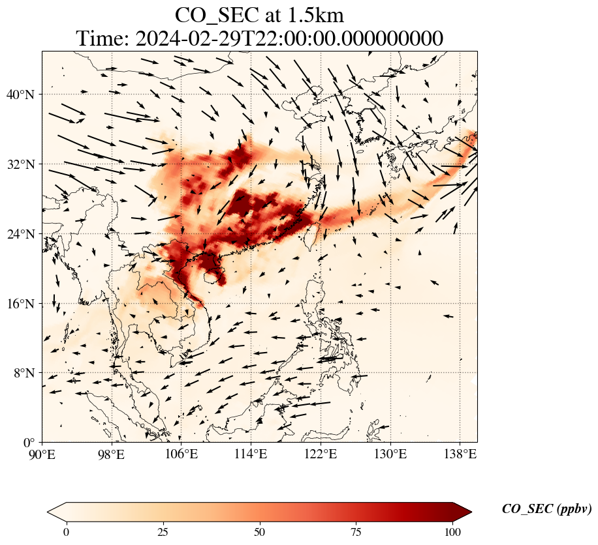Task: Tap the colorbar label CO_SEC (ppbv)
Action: click(x=546, y=509)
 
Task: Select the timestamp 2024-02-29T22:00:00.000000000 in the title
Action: click(x=289, y=38)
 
